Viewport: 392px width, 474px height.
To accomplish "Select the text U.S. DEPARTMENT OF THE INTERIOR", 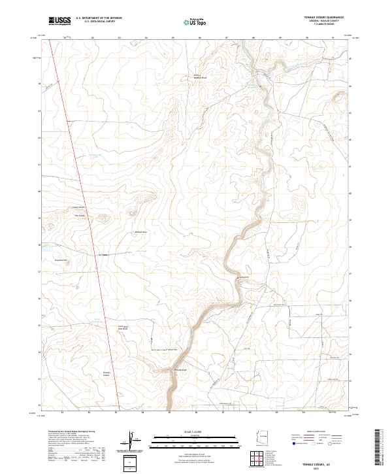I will (x=99, y=18).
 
